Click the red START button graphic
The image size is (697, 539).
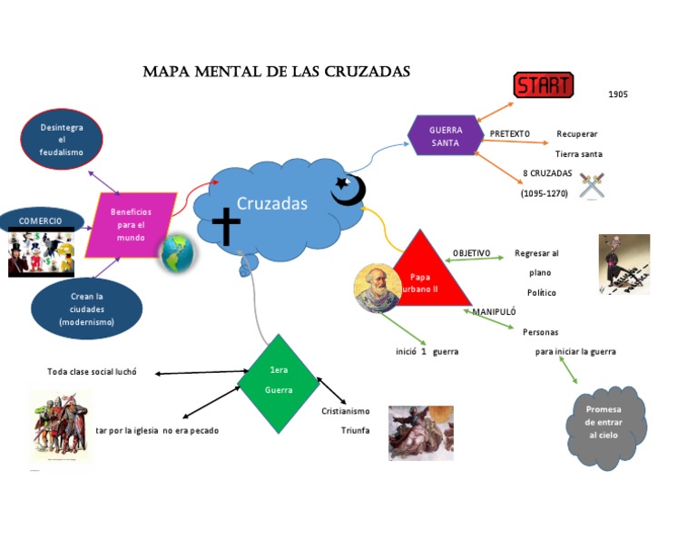[x=543, y=85]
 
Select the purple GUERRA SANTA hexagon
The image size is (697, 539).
[x=446, y=137]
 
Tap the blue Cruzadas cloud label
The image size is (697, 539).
[x=272, y=204]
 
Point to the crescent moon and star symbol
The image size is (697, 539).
[x=348, y=190]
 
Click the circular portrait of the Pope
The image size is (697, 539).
[x=377, y=287]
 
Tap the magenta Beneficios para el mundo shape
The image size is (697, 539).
[x=131, y=224]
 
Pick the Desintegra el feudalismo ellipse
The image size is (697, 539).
[x=62, y=140]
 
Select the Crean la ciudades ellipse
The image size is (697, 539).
[x=86, y=309]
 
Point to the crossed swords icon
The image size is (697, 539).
[x=592, y=184]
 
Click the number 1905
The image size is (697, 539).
[x=618, y=94]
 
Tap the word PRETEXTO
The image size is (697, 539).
[x=510, y=134]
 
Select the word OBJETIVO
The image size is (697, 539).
[x=471, y=253]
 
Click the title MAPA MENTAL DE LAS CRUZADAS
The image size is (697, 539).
[x=277, y=72]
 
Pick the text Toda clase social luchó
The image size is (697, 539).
[x=92, y=372]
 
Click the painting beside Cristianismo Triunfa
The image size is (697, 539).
[x=420, y=432]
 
